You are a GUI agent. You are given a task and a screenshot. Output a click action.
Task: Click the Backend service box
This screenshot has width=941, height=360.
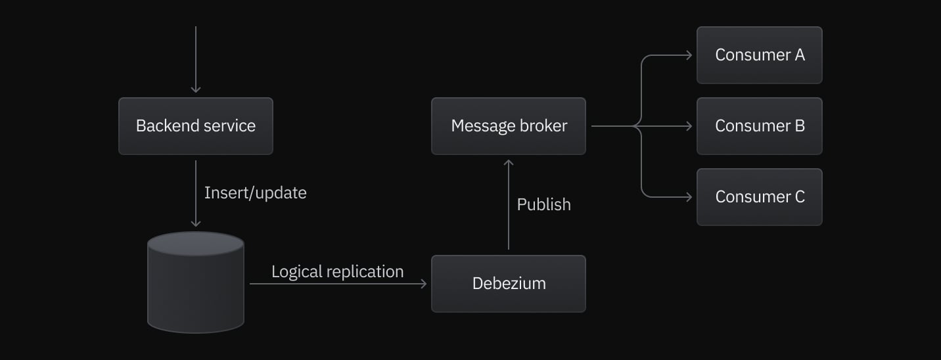click(195, 126)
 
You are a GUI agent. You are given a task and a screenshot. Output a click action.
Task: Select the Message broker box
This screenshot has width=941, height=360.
click(508, 126)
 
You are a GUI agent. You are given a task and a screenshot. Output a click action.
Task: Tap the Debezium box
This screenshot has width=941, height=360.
click(508, 284)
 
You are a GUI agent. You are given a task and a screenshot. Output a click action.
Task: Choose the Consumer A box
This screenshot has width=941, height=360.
click(759, 55)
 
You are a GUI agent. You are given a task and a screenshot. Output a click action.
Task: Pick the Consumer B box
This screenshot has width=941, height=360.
click(759, 126)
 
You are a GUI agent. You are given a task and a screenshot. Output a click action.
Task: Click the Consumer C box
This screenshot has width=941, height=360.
click(759, 197)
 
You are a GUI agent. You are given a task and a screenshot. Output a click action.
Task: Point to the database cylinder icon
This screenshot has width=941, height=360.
click(195, 282)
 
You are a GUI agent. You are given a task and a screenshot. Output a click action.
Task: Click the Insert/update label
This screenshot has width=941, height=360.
click(255, 193)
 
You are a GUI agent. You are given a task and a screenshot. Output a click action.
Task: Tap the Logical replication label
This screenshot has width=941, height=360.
click(337, 272)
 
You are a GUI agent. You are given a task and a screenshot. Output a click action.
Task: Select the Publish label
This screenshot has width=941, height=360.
click(543, 205)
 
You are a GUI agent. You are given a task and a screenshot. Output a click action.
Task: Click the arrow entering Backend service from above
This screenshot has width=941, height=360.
click(195, 59)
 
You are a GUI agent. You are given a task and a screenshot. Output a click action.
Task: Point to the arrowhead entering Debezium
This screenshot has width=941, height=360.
click(423, 284)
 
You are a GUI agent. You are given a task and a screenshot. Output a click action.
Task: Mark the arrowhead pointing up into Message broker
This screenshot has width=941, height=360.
click(508, 162)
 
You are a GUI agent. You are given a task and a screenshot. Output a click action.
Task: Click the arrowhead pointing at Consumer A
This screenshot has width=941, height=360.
click(689, 55)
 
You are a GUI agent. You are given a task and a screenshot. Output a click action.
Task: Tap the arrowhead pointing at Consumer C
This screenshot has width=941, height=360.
click(689, 197)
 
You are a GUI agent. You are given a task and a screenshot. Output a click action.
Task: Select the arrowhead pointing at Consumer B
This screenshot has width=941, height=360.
click(689, 126)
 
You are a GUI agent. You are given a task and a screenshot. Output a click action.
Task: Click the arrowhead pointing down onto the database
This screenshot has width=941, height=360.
click(195, 223)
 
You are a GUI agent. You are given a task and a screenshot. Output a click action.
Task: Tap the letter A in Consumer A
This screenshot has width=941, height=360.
click(799, 55)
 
